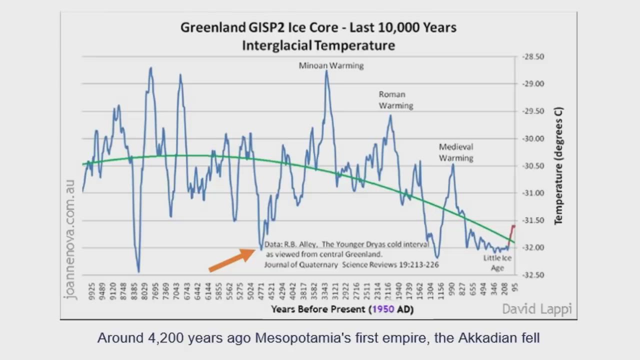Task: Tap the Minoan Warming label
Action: [x=331, y=65]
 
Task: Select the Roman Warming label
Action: [x=395, y=100]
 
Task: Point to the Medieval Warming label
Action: [x=456, y=152]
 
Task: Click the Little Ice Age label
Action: [x=497, y=263]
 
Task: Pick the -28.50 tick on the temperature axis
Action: [x=533, y=57]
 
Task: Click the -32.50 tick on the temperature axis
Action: [x=533, y=275]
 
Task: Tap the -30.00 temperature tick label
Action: [x=533, y=138]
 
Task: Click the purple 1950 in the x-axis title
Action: [x=383, y=309]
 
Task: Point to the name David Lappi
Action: [x=536, y=309]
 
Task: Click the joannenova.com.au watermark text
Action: [x=69, y=240]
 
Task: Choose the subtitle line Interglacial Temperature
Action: [x=318, y=45]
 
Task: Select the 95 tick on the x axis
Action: [x=515, y=287]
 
